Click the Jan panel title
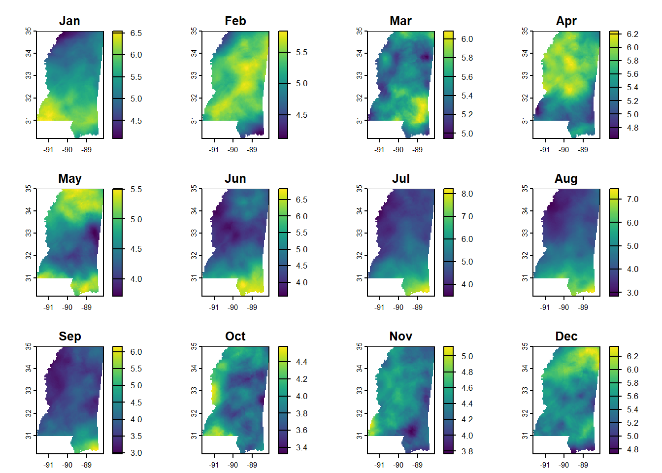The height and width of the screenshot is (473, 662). [x=69, y=21]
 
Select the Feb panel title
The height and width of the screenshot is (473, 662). [x=235, y=21]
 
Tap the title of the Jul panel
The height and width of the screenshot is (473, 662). [x=400, y=179]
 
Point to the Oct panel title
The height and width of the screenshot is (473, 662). [x=235, y=337]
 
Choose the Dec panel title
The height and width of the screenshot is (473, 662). [x=566, y=337]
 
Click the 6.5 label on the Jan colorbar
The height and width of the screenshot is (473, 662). [x=136, y=33]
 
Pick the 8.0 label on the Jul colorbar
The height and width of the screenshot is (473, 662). [x=467, y=194]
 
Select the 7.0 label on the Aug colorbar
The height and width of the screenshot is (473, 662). [x=632, y=199]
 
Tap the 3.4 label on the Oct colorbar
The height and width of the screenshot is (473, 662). [x=301, y=447]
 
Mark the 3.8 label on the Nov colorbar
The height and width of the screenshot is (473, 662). [x=467, y=451]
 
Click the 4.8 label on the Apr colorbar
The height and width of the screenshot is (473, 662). [x=632, y=128]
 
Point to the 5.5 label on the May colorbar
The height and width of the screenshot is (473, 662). [x=136, y=189]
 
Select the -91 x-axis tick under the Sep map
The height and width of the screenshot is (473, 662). [x=48, y=465]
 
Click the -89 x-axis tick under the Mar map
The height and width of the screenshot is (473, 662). [x=418, y=149]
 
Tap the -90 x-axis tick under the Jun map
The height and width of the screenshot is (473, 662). [x=233, y=307]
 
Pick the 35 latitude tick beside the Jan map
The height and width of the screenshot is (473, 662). [x=29, y=31]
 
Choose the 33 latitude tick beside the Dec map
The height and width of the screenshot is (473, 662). [x=525, y=391]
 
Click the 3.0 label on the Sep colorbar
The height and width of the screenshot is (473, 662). [x=136, y=453]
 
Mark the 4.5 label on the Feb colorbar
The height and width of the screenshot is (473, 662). [x=301, y=115]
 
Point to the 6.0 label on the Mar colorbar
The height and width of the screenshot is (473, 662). [x=467, y=39]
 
